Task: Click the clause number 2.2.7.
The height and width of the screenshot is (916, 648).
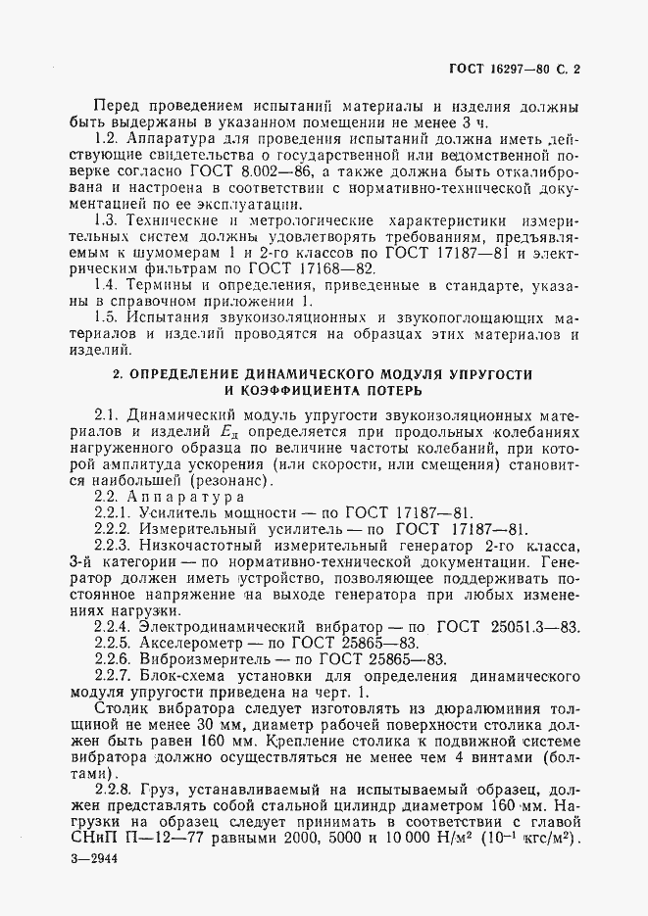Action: [116, 678]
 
